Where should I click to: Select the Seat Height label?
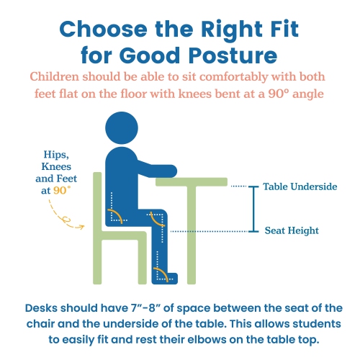(x=291, y=230)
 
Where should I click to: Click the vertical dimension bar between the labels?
(x=252, y=209)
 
